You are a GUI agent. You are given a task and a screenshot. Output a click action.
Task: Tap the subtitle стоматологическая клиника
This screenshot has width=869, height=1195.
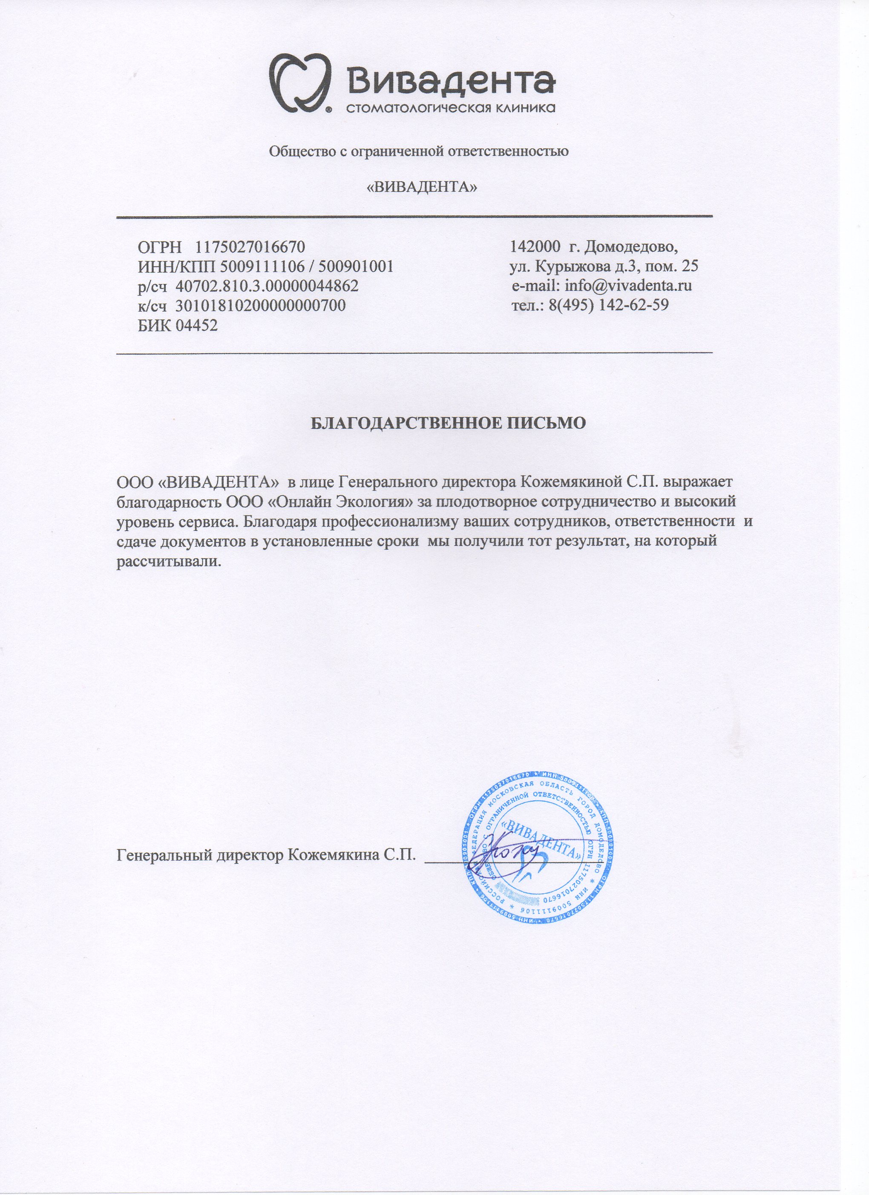(451, 109)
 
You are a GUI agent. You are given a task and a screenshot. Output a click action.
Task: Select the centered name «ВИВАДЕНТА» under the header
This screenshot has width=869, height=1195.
(421, 187)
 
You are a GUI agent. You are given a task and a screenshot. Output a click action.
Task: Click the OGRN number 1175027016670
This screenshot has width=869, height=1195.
(250, 246)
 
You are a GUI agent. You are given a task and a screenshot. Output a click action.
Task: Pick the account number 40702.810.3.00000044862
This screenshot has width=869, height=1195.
(267, 286)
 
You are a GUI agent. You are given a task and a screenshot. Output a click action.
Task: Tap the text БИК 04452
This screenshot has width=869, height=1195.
(177, 326)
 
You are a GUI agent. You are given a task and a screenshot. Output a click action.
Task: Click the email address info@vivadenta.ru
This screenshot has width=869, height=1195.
(628, 286)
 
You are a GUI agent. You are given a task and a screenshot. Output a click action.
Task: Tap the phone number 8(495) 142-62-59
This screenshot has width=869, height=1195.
(608, 306)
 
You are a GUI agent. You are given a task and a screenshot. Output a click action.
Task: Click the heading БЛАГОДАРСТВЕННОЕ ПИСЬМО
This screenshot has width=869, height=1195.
(448, 423)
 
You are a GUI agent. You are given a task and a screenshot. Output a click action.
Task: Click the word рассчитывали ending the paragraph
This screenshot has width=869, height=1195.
(167, 561)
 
